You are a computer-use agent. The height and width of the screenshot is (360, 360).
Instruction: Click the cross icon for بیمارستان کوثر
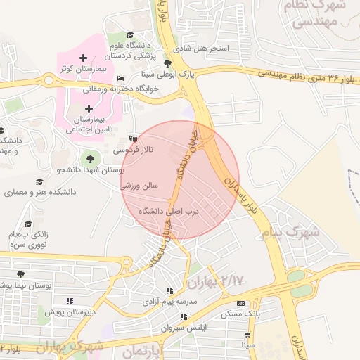click(84, 58)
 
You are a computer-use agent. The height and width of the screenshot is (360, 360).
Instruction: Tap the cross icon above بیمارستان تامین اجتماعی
click(89, 108)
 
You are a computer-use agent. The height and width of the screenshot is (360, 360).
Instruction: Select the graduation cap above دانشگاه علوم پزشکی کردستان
click(129, 35)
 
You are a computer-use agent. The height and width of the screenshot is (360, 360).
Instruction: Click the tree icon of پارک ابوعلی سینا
click(167, 63)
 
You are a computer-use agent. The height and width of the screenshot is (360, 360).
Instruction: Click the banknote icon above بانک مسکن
click(241, 304)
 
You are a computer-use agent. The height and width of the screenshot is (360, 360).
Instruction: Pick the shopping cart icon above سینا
click(247, 335)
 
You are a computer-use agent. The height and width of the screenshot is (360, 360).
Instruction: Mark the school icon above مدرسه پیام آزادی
click(169, 290)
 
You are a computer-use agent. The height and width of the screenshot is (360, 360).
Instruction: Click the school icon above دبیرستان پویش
click(69, 301)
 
